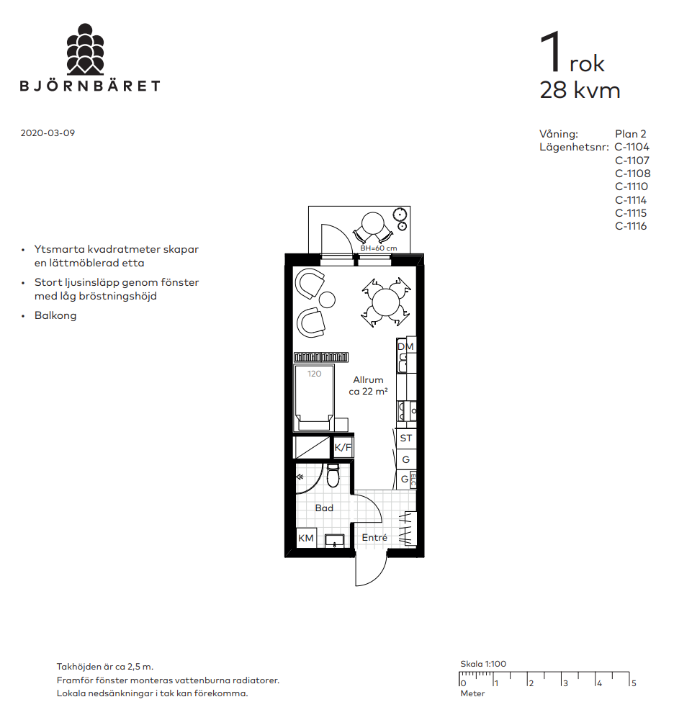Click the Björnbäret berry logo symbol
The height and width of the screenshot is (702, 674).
[x=85, y=49]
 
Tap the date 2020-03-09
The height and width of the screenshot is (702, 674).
[x=48, y=133]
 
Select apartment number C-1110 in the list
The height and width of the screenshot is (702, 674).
[x=631, y=186]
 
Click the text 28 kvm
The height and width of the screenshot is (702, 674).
[x=580, y=90]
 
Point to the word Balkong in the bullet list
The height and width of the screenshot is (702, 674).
[x=55, y=315]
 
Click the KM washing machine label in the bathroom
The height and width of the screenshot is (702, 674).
[x=306, y=538]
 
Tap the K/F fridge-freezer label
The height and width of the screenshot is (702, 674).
[x=343, y=447]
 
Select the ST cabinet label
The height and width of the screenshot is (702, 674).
[x=405, y=438]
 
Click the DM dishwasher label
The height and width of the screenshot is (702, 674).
[x=405, y=346]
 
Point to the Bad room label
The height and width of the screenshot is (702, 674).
[x=324, y=508]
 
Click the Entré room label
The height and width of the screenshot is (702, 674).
[x=374, y=537]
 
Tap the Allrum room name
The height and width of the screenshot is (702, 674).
[x=368, y=379]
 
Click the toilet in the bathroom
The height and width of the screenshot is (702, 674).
[x=333, y=475]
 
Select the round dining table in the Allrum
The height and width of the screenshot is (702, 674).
[x=385, y=302]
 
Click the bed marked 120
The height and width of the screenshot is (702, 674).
[x=315, y=397]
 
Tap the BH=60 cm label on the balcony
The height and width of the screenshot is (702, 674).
[x=379, y=248]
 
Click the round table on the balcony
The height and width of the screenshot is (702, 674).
[x=373, y=223]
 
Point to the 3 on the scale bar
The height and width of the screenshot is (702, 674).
[x=565, y=684]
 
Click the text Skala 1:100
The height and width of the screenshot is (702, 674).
[x=483, y=664]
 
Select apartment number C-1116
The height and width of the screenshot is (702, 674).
[x=631, y=226]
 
